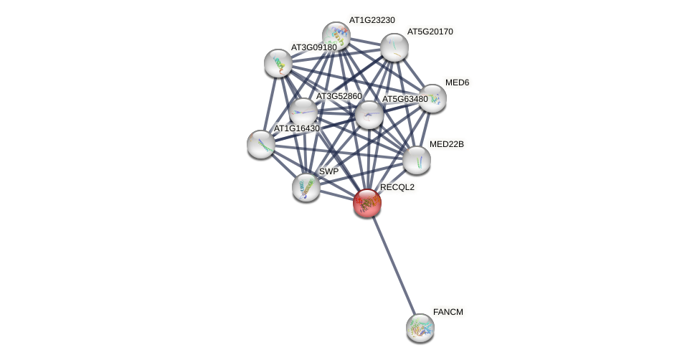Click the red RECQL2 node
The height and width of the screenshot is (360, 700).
(x=367, y=203)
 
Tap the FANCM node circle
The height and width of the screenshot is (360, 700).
(x=420, y=328)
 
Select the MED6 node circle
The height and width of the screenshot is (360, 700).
(x=432, y=98)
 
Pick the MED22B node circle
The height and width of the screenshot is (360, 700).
(x=417, y=160)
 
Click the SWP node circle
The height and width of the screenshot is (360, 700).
(x=306, y=187)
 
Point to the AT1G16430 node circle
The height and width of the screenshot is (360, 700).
(x=261, y=143)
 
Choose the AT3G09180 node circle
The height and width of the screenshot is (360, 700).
(x=278, y=63)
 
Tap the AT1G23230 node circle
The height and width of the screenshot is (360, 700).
(x=336, y=36)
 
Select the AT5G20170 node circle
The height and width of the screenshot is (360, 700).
(x=394, y=47)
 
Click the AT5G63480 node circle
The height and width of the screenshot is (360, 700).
(x=369, y=115)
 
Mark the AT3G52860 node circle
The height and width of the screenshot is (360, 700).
(x=303, y=111)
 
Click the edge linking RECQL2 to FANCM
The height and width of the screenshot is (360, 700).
(x=394, y=265)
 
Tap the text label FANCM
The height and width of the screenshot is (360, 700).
(x=448, y=312)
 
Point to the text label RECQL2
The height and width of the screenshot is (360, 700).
(x=397, y=187)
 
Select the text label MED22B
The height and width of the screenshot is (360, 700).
(x=446, y=144)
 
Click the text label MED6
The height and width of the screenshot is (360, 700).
(x=457, y=82)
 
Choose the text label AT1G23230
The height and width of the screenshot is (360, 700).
(x=372, y=20)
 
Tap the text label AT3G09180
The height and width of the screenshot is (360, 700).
(x=313, y=47)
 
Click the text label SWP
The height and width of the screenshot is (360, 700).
(x=328, y=171)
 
